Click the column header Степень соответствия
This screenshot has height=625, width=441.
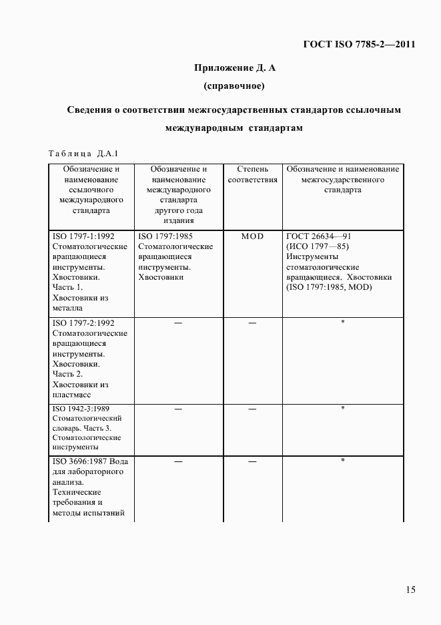[252, 175]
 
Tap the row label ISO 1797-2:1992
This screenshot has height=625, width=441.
[83, 323]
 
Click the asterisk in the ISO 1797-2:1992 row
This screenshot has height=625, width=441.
[342, 323]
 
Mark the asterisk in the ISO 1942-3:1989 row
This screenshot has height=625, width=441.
[342, 408]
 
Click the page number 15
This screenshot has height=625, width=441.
[410, 589]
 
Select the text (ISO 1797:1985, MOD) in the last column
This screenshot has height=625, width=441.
[328, 287]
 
